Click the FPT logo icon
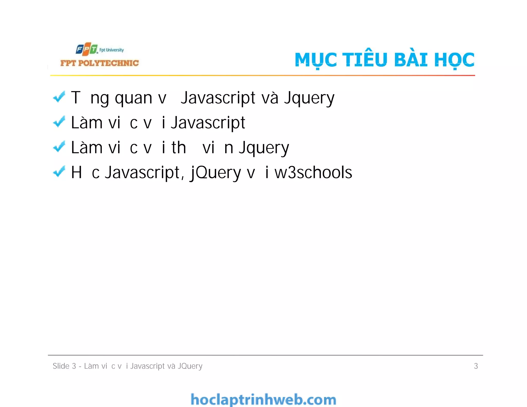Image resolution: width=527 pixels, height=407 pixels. pyautogui.click(x=87, y=49)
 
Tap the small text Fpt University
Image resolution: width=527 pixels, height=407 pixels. pyautogui.click(x=111, y=50)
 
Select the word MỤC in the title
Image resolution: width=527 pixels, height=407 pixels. pyautogui.click(x=315, y=60)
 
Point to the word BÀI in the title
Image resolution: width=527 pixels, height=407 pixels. pyautogui.click(x=411, y=59)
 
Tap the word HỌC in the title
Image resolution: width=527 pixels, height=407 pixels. pyautogui.click(x=454, y=60)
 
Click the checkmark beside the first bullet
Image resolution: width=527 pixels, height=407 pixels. pyautogui.click(x=59, y=97)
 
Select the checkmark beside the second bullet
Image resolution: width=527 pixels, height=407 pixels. pyautogui.click(x=59, y=122)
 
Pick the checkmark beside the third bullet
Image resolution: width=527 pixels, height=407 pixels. pyautogui.click(x=59, y=147)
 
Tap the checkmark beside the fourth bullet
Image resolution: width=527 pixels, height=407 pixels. pyautogui.click(x=59, y=172)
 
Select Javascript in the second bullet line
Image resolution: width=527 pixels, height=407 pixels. pyautogui.click(x=208, y=123)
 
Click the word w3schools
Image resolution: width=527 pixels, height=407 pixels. pyautogui.click(x=313, y=172)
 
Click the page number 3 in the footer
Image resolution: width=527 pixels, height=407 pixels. pyautogui.click(x=476, y=366)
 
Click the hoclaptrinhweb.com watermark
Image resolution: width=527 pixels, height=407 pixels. pyautogui.click(x=263, y=400)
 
